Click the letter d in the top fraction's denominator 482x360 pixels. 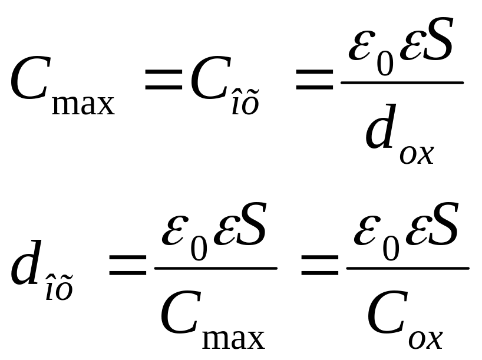tap(380, 132)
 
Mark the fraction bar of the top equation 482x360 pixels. tap(402, 82)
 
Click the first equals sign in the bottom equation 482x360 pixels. tap(127, 266)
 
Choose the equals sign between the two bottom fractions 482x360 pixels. tap(320, 266)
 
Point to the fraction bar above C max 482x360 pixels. tap(216, 268)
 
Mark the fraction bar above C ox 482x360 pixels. tap(408, 268)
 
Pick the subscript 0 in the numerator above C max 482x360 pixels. tap(199, 249)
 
